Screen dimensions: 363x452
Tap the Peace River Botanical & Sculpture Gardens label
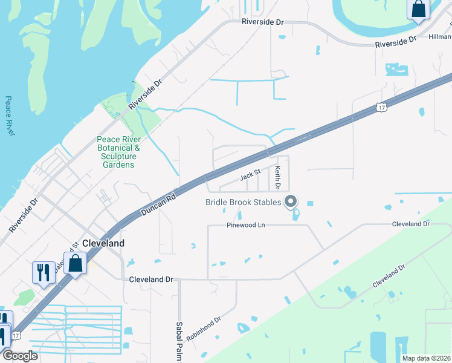coord(118,151)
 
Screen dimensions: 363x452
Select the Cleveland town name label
coord(103,243)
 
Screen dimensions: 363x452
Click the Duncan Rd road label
coord(158,204)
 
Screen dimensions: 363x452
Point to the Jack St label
coord(250,175)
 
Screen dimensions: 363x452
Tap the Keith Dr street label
coord(279,177)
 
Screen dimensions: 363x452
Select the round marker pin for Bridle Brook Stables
coord(291,201)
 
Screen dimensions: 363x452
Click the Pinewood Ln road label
coord(247,224)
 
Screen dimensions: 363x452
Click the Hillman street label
coord(440,37)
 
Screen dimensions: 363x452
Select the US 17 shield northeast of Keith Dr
coord(380,107)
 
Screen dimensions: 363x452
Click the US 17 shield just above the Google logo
coord(15,335)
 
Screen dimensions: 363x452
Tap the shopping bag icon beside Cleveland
coord(76,264)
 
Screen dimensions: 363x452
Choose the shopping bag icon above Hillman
coord(419,9)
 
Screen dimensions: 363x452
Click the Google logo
coord(20,356)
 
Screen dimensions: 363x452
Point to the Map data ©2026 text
coord(426,358)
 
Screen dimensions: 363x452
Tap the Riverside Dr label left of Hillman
coord(396,42)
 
